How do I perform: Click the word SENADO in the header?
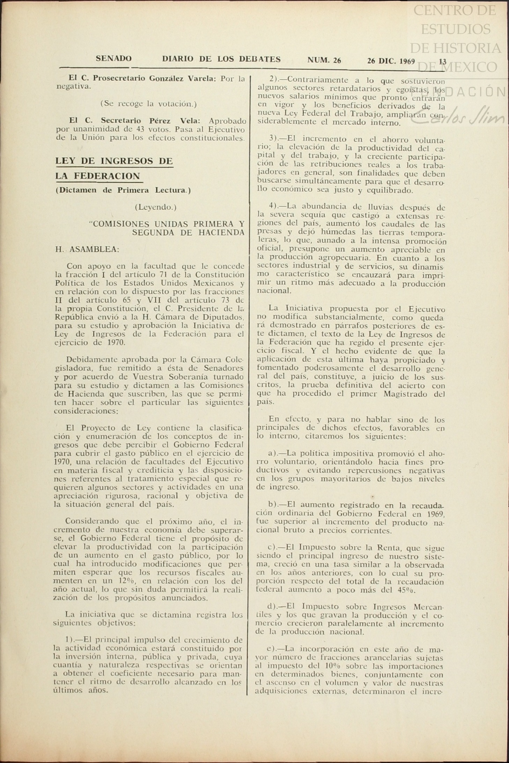click(113, 59)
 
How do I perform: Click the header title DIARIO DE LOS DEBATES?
click(221, 59)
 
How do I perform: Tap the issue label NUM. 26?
click(324, 60)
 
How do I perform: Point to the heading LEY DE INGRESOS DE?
click(114, 161)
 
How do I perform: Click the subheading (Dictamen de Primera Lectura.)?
click(123, 191)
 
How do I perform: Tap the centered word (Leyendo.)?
click(156, 207)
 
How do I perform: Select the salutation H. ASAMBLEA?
click(87, 249)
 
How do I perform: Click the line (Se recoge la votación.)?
click(148, 104)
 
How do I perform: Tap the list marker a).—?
click(276, 453)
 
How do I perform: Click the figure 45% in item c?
click(406, 590)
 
